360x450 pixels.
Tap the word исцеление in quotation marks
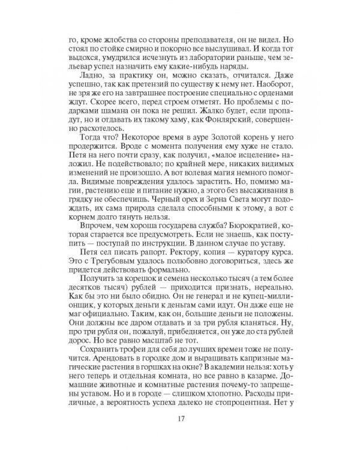point(221,158)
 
